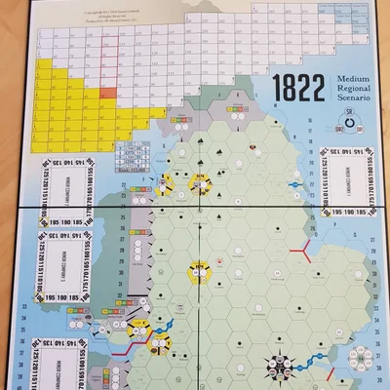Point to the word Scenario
[x=350, y=99]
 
